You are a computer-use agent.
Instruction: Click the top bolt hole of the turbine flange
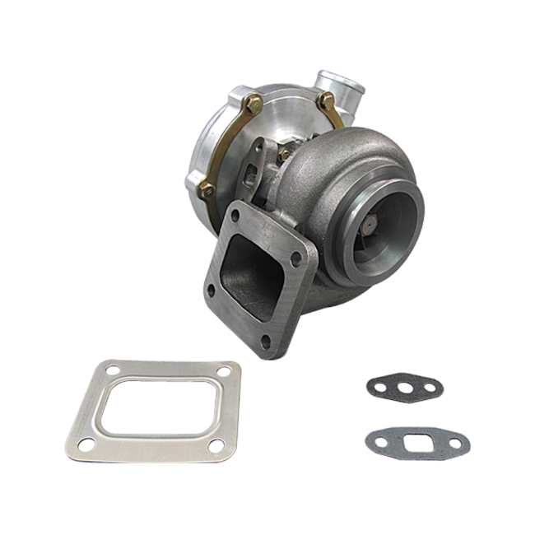(x=236, y=216)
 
